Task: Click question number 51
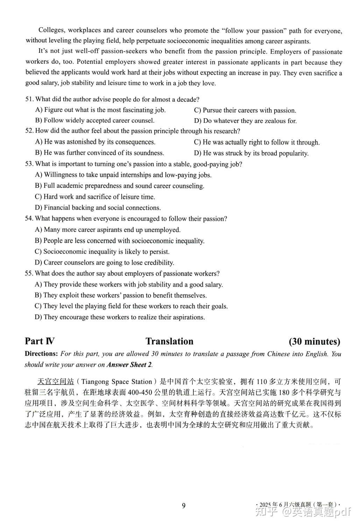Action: pos(29,99)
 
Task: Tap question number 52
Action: pos(29,131)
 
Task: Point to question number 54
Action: pos(29,219)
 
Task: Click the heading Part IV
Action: pos(40,342)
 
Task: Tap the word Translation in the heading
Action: pos(169,342)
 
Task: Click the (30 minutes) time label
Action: pos(315,342)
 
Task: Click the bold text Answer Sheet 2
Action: pos(129,365)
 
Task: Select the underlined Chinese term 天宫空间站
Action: pos(56,381)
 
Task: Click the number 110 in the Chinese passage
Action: pos(262,381)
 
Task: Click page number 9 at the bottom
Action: pos(184,505)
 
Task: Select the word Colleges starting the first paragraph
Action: pos(51,31)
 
